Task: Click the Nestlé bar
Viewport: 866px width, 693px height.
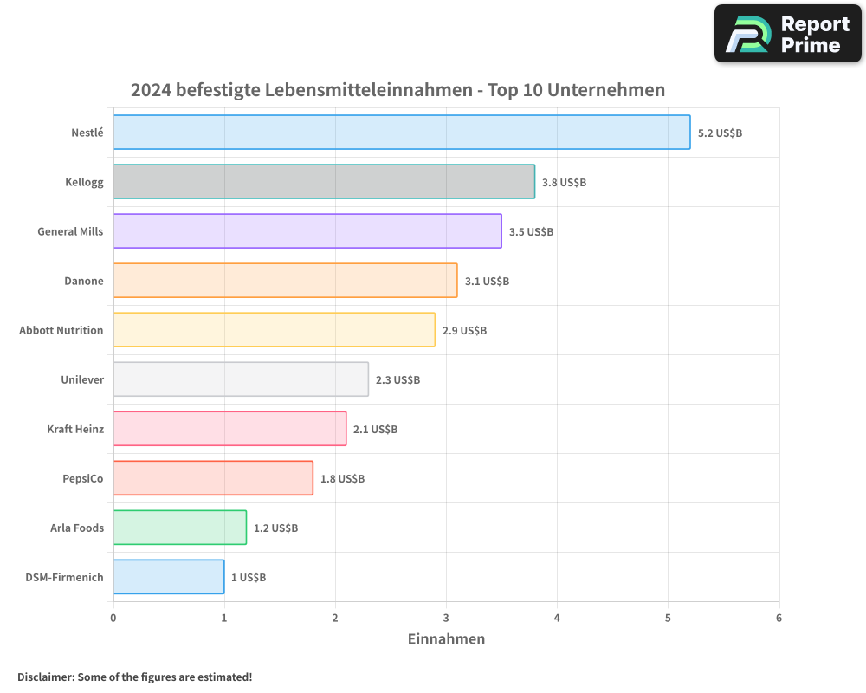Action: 402,133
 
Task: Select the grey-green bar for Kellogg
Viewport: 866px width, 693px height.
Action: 324,182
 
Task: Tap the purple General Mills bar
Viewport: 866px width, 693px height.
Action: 307,231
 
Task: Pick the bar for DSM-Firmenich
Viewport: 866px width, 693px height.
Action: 169,577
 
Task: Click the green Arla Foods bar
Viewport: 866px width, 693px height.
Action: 180,528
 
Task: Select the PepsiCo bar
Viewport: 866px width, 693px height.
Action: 213,478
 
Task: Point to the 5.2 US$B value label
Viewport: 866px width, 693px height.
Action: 720,133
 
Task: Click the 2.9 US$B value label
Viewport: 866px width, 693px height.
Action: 464,331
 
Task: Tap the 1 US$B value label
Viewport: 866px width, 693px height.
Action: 249,578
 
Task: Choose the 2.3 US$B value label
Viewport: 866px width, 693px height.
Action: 397,380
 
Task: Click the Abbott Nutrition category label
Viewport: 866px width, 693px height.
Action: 61,330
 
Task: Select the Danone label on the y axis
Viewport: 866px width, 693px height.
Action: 84,281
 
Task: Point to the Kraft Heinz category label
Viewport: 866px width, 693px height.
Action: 75,429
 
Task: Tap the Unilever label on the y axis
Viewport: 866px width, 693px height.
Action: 82,379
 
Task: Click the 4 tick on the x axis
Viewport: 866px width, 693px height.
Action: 558,618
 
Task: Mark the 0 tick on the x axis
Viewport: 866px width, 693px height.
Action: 113,618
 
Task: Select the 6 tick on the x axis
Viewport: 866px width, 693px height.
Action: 779,618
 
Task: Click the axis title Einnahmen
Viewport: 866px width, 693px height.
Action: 446,639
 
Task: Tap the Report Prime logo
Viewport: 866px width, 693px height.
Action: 788,34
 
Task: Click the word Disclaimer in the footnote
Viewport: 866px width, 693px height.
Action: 45,677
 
